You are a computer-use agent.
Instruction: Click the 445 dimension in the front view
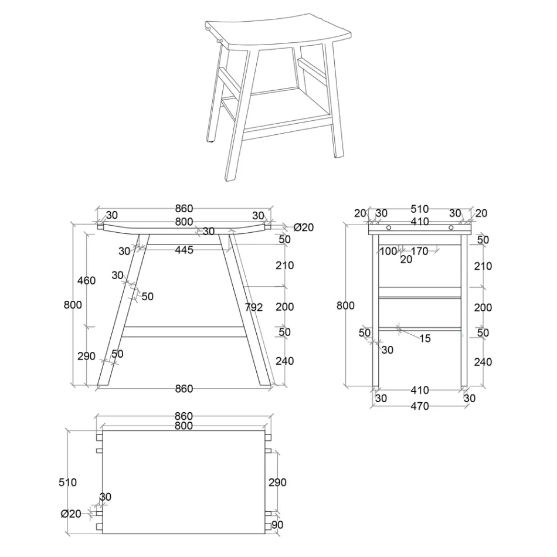tap(184, 250)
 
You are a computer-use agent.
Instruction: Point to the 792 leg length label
tap(254, 307)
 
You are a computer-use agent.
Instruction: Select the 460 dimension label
tap(86, 281)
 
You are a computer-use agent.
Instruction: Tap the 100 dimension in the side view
tap(388, 252)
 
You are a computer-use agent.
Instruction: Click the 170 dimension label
tap(419, 252)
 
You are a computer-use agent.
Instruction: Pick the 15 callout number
tap(424, 338)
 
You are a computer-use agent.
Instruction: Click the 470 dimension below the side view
tap(419, 406)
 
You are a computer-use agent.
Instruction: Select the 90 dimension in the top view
tap(277, 525)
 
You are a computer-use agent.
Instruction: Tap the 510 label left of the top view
tap(68, 483)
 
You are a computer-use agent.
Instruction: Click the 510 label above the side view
tap(419, 209)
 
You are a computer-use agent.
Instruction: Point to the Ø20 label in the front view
tap(304, 227)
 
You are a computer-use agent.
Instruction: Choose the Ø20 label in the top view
tap(71, 514)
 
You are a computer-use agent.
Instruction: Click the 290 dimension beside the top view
tap(277, 483)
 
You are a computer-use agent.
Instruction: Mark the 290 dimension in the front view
tap(86, 356)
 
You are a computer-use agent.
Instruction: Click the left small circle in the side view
tap(388, 227)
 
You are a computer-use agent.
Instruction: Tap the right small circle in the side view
tap(451, 227)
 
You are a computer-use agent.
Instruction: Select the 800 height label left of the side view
tap(346, 305)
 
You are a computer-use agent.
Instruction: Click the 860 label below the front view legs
tap(184, 389)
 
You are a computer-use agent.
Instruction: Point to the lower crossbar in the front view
tap(184, 332)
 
